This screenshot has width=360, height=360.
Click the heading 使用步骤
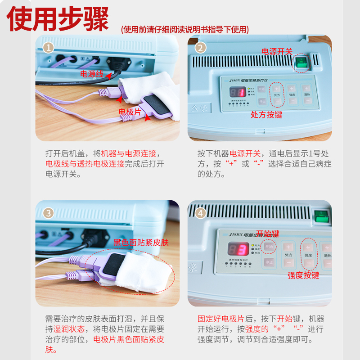[x=58, y=19]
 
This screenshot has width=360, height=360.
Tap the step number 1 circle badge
[x=49, y=47]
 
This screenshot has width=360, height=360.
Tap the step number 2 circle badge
[x=201, y=47]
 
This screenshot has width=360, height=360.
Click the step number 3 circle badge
[x=49, y=212]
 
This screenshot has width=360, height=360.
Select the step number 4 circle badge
[x=201, y=212]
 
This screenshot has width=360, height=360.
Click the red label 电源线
[x=92, y=73]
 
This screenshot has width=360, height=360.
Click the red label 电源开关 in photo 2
[x=277, y=52]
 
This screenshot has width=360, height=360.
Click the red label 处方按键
[x=266, y=115]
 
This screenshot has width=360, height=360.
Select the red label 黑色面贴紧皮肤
[x=141, y=242]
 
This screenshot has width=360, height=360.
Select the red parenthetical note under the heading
[x=184, y=30]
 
